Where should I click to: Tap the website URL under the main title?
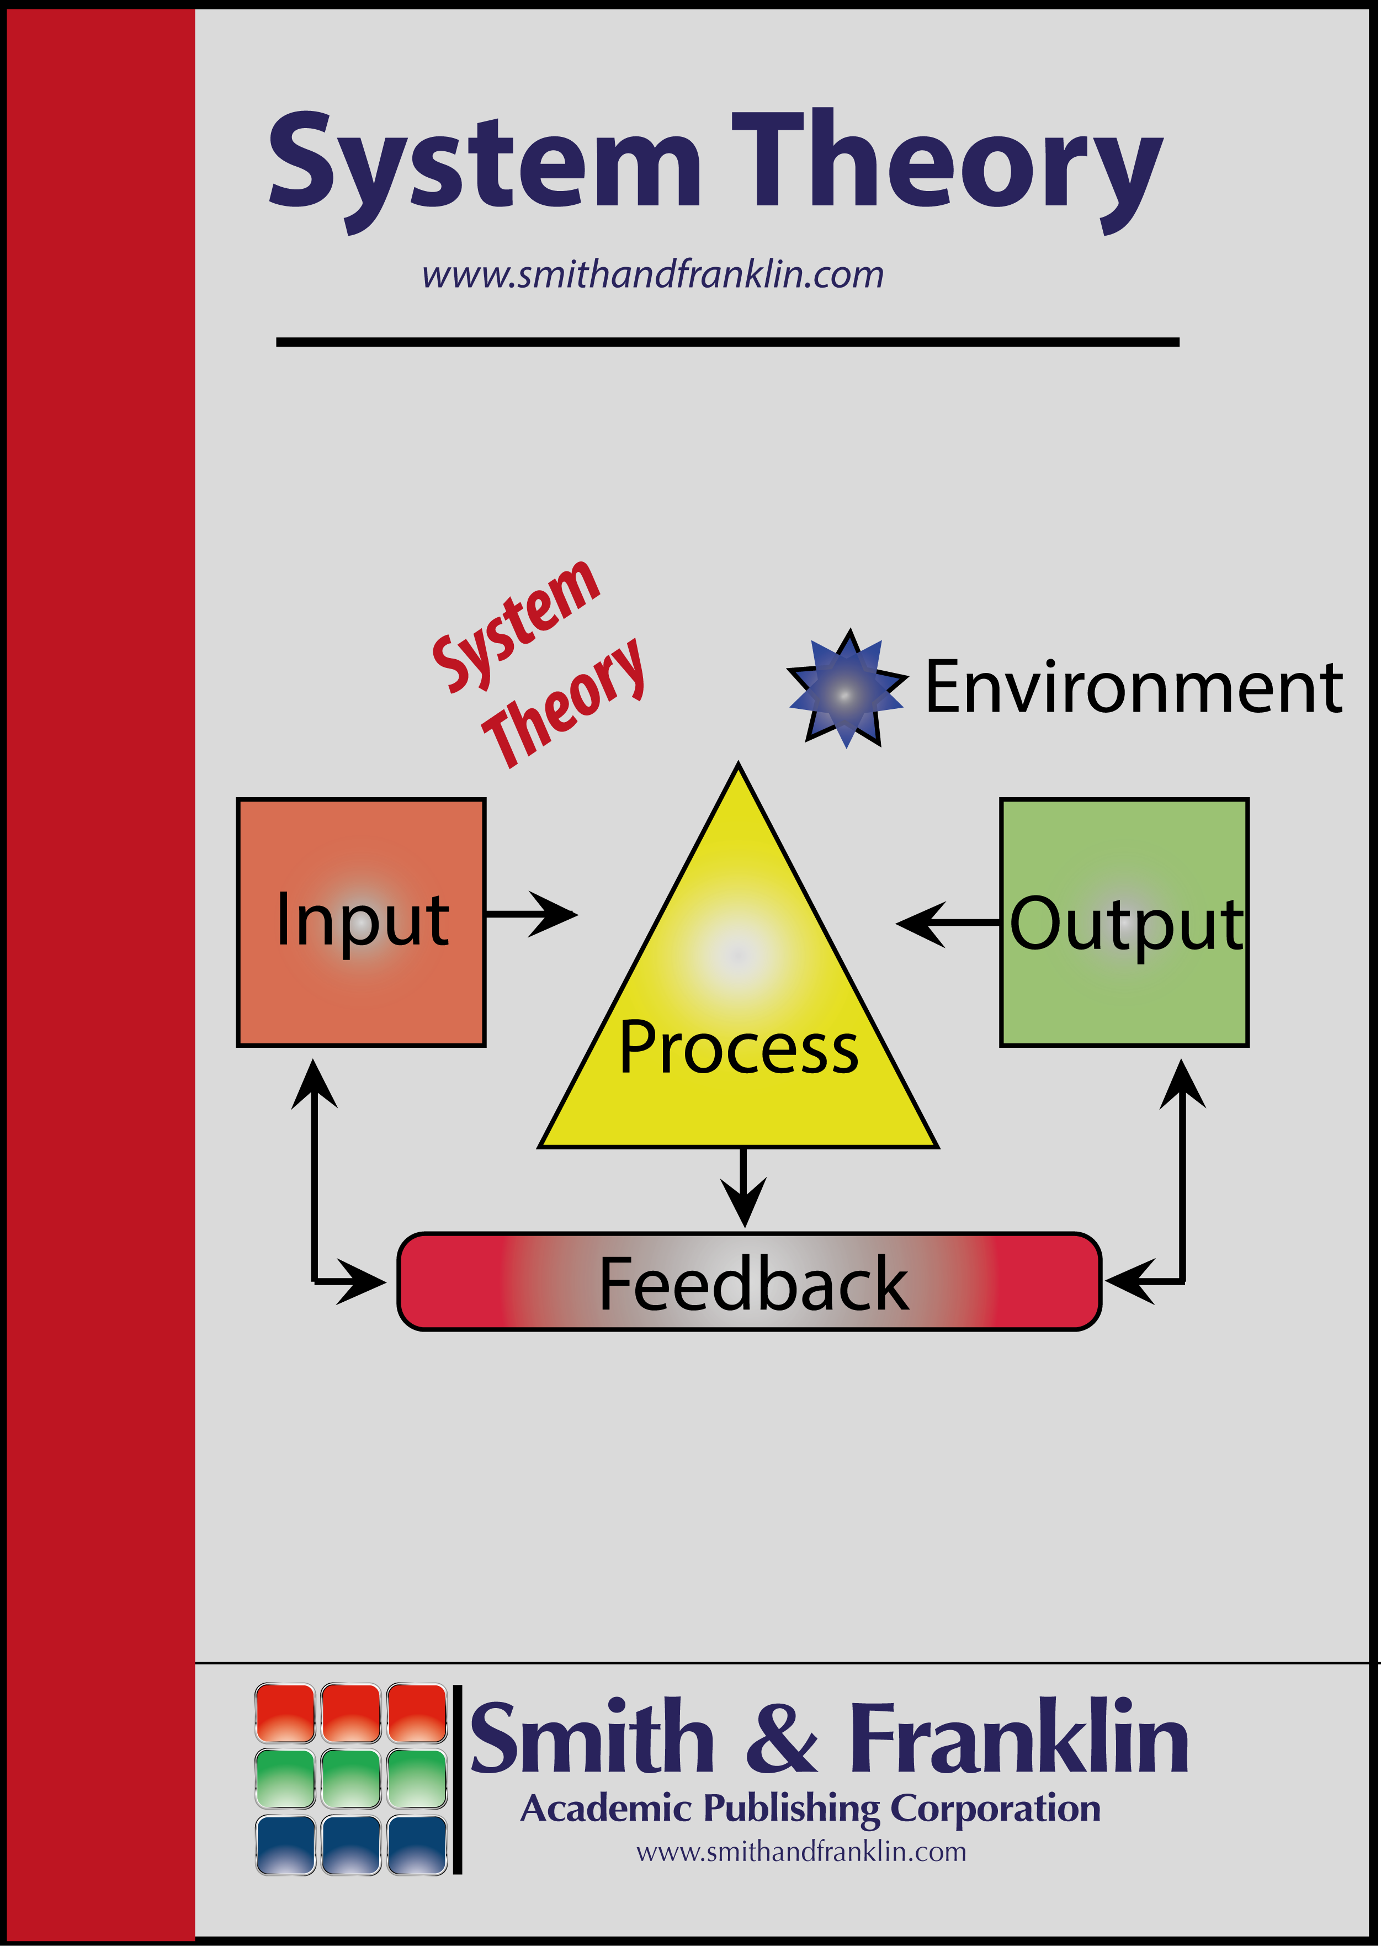tap(653, 275)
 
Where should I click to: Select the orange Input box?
tap(362, 923)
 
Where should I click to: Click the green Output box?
tap(1124, 923)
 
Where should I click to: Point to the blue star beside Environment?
tap(846, 689)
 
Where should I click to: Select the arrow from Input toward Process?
tap(532, 914)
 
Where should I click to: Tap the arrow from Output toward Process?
tap(947, 922)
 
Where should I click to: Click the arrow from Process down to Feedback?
tap(744, 1188)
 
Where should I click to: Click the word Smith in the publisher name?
tap(592, 1740)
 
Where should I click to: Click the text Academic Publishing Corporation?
tap(810, 1810)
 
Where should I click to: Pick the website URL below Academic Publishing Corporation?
tap(801, 1853)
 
